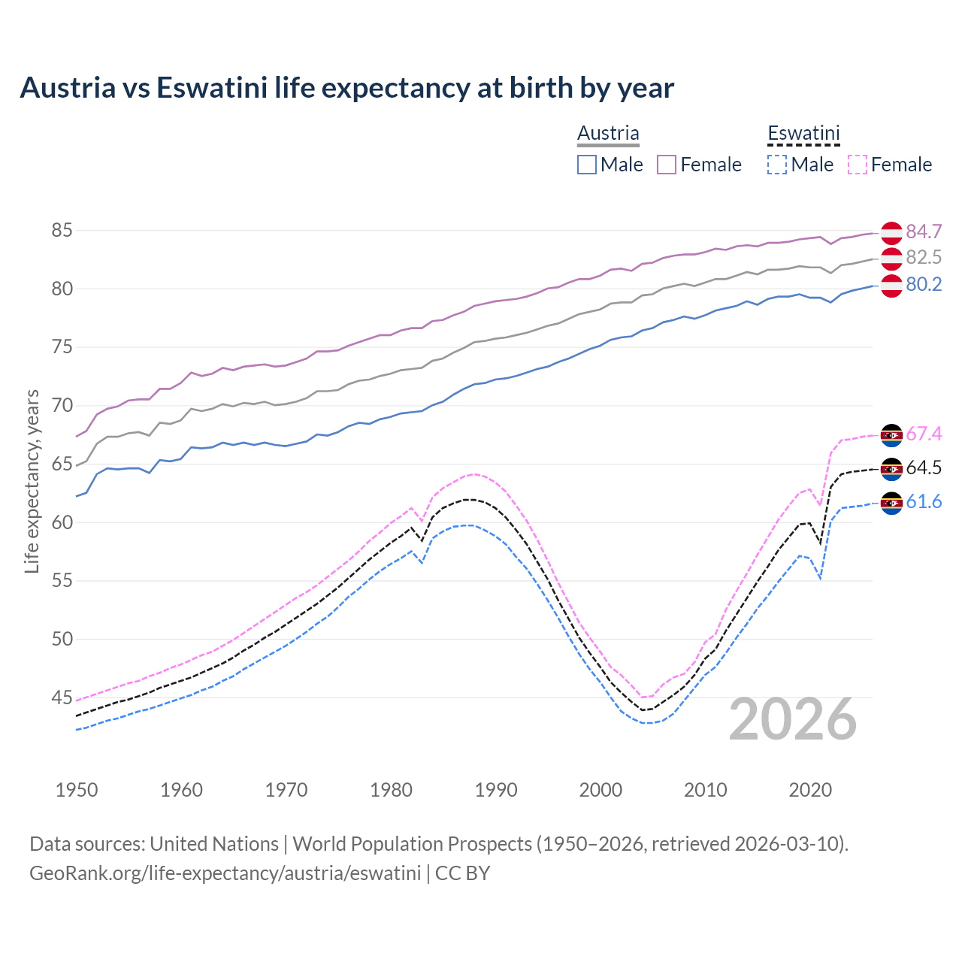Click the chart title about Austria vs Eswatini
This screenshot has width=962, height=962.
pos(346,88)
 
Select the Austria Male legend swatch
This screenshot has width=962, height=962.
pos(587,165)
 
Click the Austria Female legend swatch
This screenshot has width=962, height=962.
pos(667,165)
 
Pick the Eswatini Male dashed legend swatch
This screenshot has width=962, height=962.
pos(777,165)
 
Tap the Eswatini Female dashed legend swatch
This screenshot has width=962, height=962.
pos(858,165)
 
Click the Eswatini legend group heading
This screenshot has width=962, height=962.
pos(803,134)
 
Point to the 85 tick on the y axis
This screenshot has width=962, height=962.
pos(62,231)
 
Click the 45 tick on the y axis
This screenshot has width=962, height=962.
pos(62,698)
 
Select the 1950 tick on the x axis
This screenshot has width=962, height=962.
pos(77,790)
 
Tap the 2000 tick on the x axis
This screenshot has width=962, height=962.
pos(600,790)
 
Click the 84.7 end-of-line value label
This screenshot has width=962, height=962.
pos(924,231)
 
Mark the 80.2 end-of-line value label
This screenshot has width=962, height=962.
pos(924,285)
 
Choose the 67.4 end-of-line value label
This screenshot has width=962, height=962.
pos(924,434)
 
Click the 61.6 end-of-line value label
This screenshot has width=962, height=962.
pos(924,501)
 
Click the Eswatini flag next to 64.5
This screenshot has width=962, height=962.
pos(891,468)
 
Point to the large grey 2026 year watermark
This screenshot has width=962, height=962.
pos(792,719)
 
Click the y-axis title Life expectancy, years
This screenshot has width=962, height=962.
pos(32,481)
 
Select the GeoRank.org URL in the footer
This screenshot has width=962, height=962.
pos(225,873)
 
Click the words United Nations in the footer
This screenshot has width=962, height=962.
pos(214,844)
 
